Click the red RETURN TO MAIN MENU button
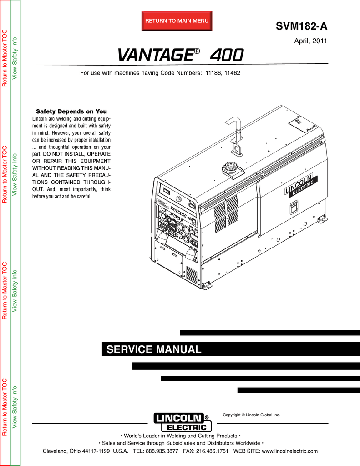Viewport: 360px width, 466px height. pyautogui.click(x=177, y=21)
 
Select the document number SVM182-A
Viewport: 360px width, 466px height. pyautogui.click(x=301, y=26)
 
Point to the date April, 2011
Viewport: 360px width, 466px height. pyautogui.click(x=310, y=41)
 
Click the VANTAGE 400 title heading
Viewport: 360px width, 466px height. pyautogui.click(x=180, y=55)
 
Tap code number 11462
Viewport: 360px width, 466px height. pyautogui.click(x=232, y=73)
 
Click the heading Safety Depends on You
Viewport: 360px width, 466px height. pyautogui.click(x=71, y=111)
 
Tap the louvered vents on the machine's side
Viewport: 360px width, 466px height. pyautogui.click(x=226, y=214)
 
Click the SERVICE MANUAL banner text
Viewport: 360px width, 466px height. pyautogui.click(x=154, y=349)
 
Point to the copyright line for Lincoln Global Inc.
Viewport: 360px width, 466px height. pyautogui.click(x=252, y=415)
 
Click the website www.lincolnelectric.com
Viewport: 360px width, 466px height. pyautogui.click(x=289, y=451)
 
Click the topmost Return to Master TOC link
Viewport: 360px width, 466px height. pyautogui.click(x=5, y=58)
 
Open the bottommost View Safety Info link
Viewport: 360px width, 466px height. pyautogui.click(x=14, y=407)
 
